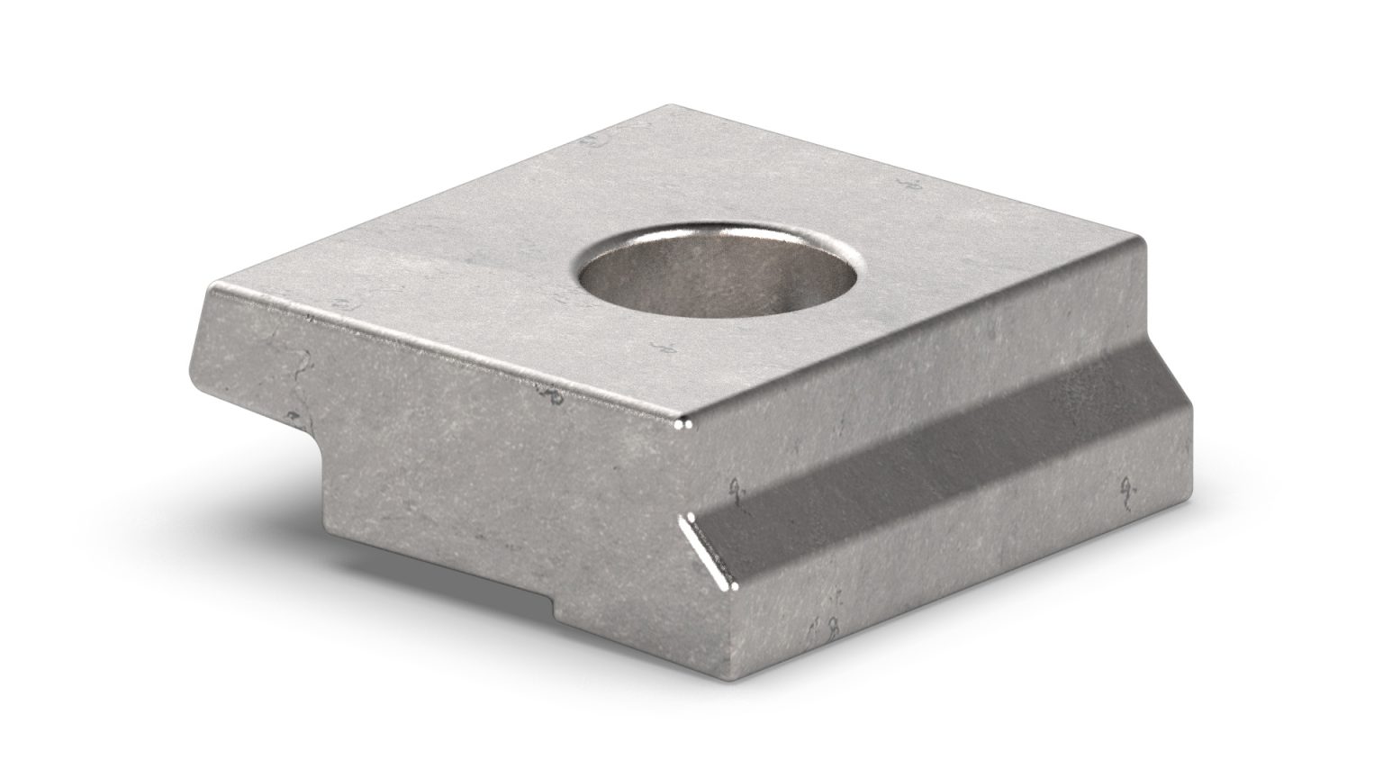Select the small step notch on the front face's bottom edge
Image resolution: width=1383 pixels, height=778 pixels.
point(552,610)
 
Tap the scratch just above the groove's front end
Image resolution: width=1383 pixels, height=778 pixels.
point(738,491)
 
